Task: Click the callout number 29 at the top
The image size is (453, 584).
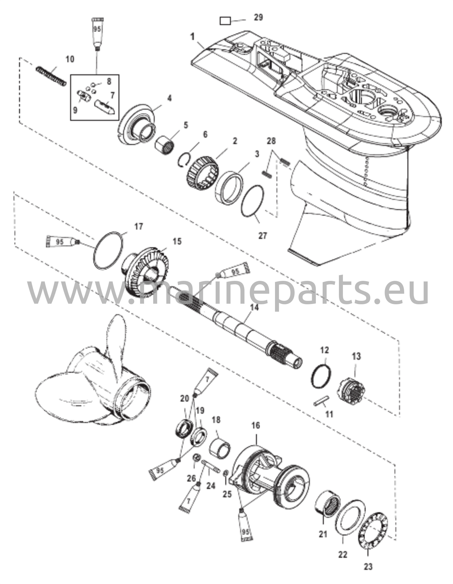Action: [258, 17]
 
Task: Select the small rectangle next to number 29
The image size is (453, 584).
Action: [225, 21]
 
